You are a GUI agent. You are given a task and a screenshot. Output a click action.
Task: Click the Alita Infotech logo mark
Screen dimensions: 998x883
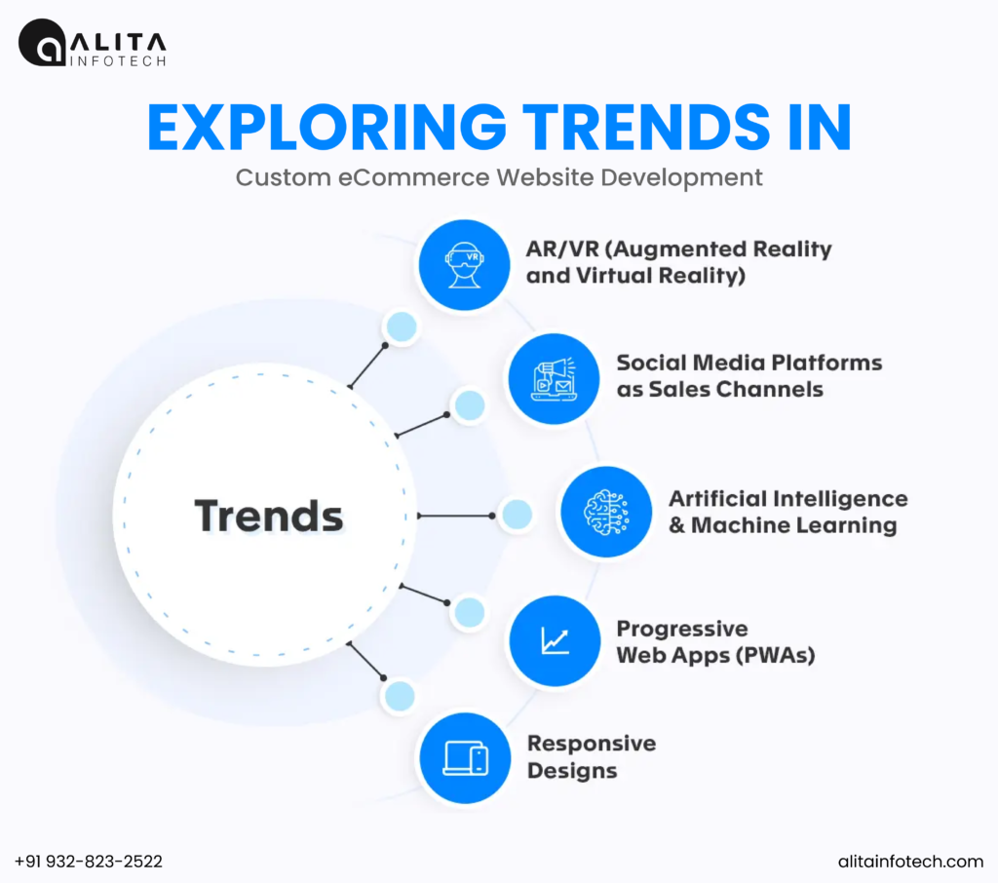[42, 43]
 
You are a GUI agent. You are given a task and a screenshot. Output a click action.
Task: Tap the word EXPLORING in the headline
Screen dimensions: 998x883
[326, 128]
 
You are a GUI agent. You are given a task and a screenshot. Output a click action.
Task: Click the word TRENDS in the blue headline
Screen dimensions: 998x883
[647, 128]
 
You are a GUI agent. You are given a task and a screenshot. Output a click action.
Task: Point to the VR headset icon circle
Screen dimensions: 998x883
[465, 265]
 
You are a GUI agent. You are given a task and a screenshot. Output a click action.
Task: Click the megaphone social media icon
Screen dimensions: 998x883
[554, 379]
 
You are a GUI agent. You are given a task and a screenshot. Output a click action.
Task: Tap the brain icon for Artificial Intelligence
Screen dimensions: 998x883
[606, 512]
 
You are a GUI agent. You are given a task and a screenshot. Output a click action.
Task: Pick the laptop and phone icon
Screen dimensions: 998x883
[465, 758]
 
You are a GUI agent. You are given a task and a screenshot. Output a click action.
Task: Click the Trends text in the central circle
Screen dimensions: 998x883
[269, 515]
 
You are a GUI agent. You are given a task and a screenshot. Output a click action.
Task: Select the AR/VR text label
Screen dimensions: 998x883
[678, 261]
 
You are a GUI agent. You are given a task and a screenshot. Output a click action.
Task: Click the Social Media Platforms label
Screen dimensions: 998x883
[749, 375]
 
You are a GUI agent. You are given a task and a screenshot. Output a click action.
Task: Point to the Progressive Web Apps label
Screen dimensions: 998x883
[715, 641]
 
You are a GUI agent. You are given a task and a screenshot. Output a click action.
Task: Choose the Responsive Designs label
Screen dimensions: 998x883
[592, 757]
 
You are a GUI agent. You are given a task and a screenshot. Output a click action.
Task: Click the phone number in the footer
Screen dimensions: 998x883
[89, 862]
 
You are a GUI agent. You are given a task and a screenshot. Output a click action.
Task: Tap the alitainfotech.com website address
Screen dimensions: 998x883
[910, 862]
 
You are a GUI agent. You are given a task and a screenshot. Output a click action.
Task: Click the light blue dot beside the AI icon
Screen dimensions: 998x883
[517, 515]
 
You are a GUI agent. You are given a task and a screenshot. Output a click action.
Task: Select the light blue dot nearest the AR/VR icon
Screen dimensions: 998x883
[402, 327]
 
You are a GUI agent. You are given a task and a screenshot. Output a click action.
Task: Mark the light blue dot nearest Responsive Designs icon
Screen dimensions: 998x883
[400, 696]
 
